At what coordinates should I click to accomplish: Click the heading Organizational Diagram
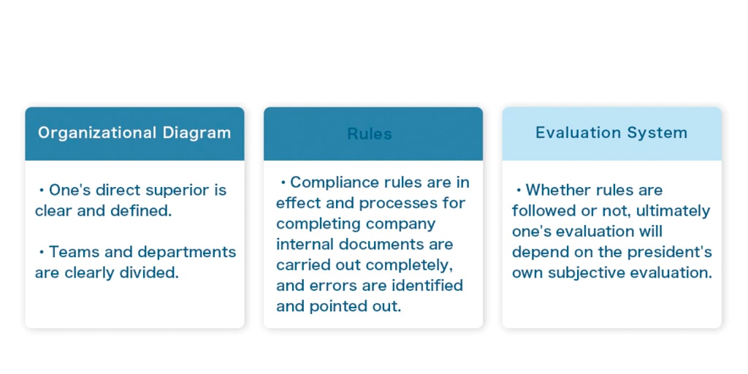coord(134,133)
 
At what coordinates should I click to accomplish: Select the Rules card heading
coord(370,134)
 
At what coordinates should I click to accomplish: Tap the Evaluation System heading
coord(611,133)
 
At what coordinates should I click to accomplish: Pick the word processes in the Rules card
coord(399,204)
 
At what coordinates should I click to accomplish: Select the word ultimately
coord(673,211)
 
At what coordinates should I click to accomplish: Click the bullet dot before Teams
coord(42,252)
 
